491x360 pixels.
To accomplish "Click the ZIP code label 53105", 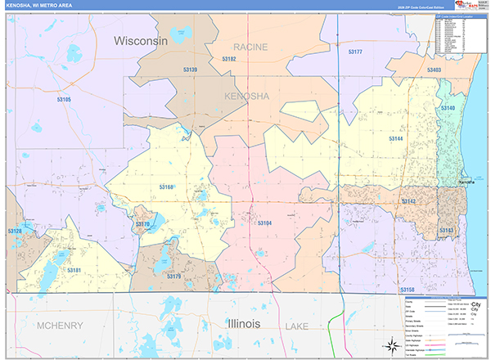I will [x=64, y=99].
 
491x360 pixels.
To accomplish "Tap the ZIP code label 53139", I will [x=189, y=70].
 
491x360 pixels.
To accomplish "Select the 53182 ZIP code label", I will [x=228, y=59].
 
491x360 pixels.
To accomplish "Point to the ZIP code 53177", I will [x=355, y=52].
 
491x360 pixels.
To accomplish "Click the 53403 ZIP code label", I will [x=434, y=70].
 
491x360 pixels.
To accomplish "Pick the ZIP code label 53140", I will [x=448, y=108].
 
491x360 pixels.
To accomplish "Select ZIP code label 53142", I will [x=409, y=201].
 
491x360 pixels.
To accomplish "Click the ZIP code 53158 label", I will [x=408, y=290].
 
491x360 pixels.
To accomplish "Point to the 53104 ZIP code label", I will [x=264, y=223].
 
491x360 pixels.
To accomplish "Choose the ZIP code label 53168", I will [x=167, y=187].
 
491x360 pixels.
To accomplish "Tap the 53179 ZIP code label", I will [x=173, y=277].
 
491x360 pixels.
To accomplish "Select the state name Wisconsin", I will [x=141, y=40].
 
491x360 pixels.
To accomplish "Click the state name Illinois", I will [x=233, y=324].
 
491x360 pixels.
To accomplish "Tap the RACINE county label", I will [x=250, y=47].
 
